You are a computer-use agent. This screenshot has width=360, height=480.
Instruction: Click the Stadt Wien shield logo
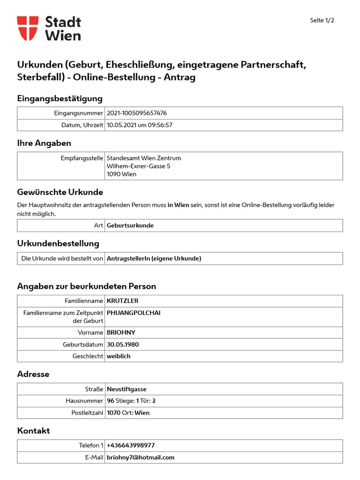click(28, 28)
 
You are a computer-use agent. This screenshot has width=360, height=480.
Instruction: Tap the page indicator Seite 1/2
click(322, 20)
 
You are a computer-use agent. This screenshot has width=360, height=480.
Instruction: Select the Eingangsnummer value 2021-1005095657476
click(137, 113)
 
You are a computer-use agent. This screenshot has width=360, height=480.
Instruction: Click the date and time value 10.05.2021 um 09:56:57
click(140, 125)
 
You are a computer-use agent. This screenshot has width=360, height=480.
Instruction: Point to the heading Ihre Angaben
click(44, 143)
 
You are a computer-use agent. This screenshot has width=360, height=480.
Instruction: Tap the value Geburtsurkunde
click(130, 225)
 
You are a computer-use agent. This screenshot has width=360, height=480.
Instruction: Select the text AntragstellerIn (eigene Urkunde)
click(154, 258)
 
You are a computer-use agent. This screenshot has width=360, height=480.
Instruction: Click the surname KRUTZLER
click(123, 301)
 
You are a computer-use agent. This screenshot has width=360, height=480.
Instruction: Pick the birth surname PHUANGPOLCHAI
click(134, 313)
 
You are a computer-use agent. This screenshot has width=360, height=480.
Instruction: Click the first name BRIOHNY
click(121, 332)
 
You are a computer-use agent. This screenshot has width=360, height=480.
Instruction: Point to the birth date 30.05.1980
click(123, 345)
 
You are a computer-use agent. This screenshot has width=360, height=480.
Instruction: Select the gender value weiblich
click(119, 356)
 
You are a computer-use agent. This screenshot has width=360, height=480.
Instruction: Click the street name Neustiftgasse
click(127, 389)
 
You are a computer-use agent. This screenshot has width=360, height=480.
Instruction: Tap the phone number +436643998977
click(131, 445)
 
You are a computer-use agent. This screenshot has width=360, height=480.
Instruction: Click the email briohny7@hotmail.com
click(141, 457)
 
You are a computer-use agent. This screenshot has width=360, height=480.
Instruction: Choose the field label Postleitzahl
click(87, 413)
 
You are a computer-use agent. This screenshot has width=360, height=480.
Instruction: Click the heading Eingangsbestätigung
click(60, 98)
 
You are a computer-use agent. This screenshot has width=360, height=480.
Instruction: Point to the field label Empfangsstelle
click(82, 158)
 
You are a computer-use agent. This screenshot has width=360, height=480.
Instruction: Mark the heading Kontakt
click(33, 430)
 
